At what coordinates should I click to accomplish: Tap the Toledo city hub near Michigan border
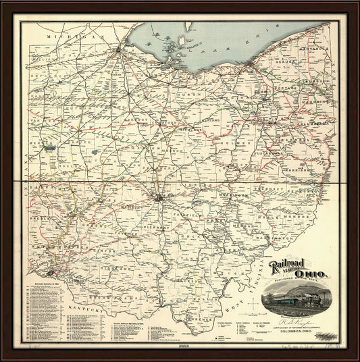coord(121,49)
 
